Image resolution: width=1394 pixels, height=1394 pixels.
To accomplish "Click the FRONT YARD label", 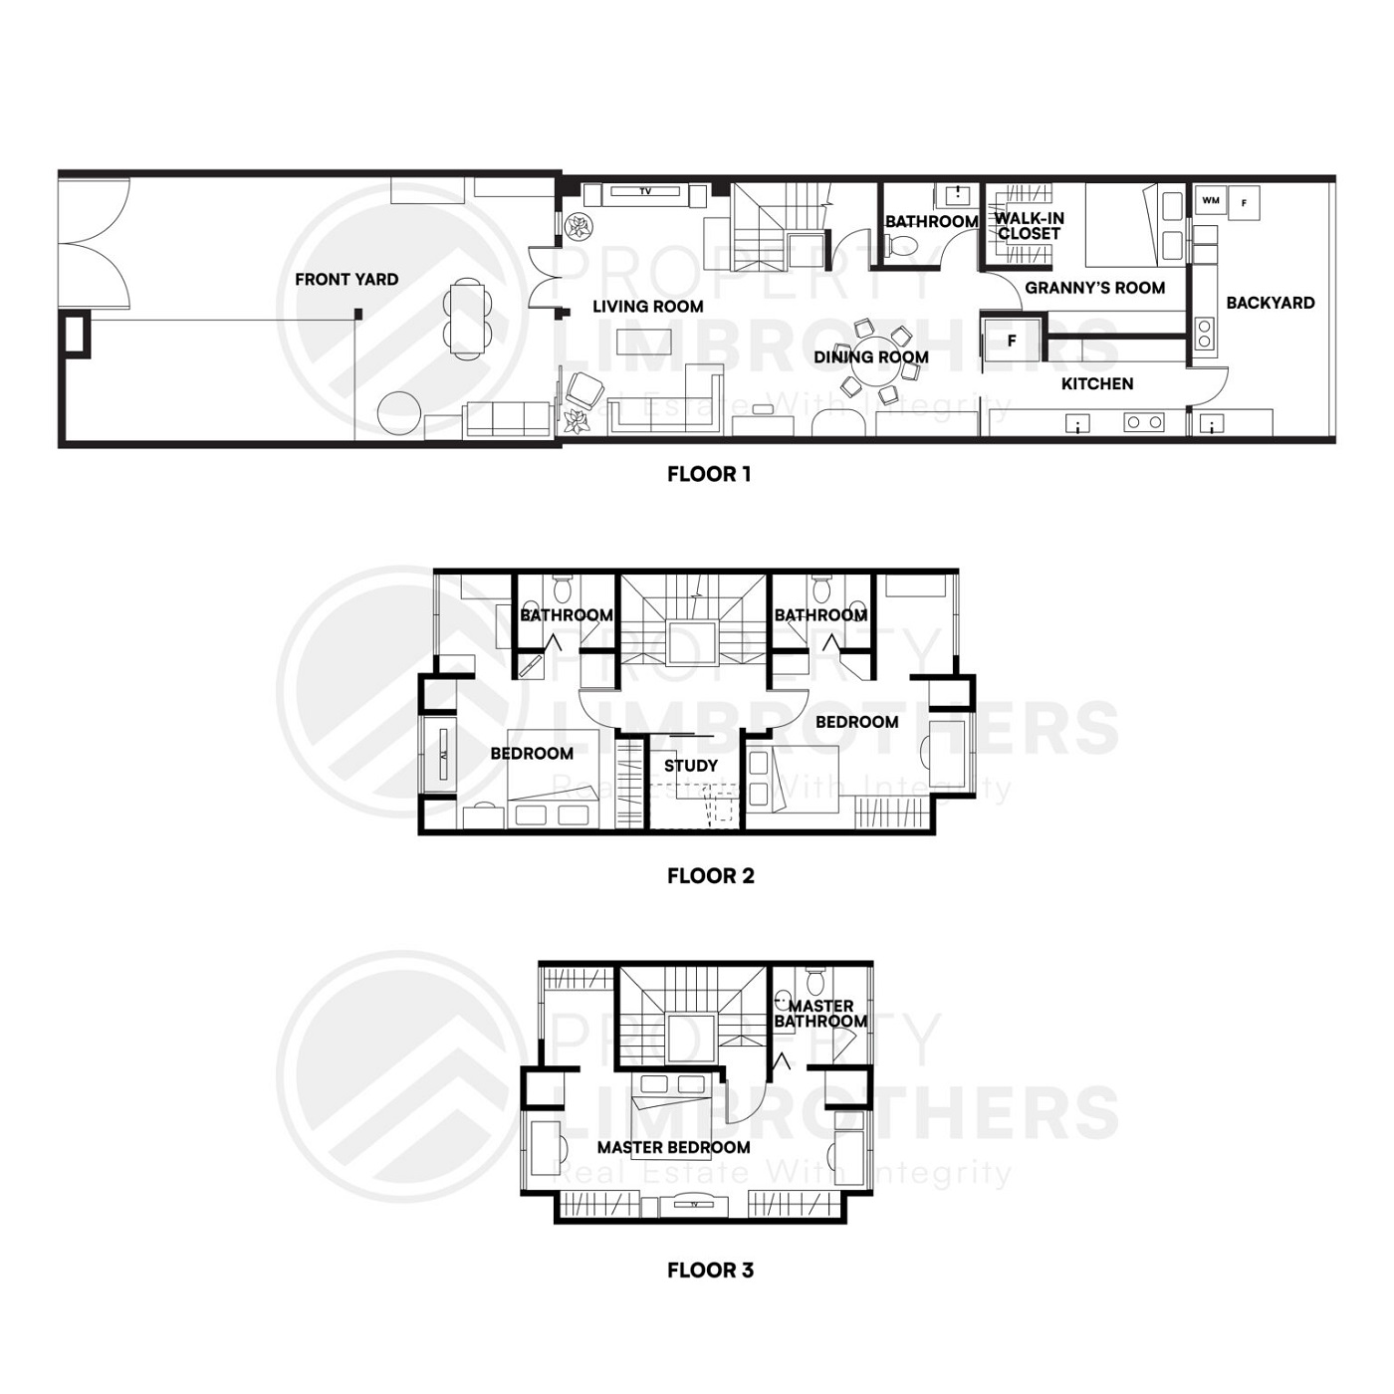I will coord(347,280).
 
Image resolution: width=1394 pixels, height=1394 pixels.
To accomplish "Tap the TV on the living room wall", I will coord(645,191).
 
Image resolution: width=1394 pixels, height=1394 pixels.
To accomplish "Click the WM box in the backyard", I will coord(1211,201).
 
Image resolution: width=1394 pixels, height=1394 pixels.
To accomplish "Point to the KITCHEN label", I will coord(1097,383).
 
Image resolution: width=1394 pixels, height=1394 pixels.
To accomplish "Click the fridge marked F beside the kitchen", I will coord(1012,342).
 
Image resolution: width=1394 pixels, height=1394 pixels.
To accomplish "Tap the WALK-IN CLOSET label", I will coord(1029,226).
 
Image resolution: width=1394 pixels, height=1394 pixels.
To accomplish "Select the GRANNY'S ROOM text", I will coord(1094,288).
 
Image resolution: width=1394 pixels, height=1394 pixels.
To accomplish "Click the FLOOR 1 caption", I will coord(709,474).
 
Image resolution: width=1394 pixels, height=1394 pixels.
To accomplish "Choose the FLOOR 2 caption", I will coord(710,876).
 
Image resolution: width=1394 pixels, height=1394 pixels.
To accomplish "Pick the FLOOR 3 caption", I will coord(710,1270).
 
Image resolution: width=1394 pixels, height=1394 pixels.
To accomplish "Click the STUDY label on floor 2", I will coord(690,766).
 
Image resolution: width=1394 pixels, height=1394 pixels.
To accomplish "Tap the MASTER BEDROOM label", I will coord(673,1147).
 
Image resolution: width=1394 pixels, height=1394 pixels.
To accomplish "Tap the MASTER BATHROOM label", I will coord(820,1014).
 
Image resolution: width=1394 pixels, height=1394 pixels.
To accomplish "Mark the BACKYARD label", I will coord(1270,303).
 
